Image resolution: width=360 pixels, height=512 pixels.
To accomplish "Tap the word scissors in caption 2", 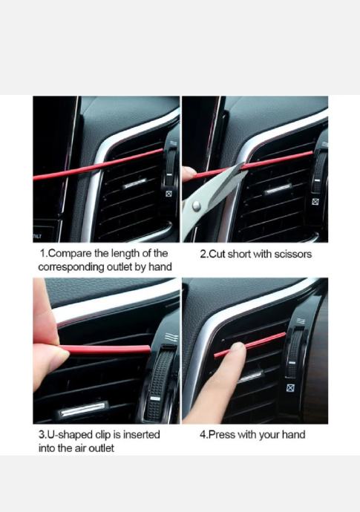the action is click(x=293, y=254).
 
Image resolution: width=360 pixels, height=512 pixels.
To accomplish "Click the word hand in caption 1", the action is click(x=160, y=267).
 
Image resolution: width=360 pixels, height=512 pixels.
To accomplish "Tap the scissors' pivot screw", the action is click(x=196, y=206).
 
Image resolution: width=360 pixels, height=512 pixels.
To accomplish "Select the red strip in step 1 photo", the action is click(x=98, y=165).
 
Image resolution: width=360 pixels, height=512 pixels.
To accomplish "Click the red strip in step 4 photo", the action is click(x=250, y=345).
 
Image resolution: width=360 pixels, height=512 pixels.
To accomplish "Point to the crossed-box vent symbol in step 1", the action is click(x=169, y=194).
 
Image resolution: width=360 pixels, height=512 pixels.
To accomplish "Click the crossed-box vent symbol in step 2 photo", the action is click(x=315, y=202).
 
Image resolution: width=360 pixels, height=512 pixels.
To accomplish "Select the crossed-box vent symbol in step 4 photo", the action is click(x=290, y=388).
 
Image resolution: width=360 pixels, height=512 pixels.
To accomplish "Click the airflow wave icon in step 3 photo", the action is click(x=171, y=338).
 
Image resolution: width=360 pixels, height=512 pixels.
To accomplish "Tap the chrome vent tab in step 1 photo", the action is click(x=134, y=183).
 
